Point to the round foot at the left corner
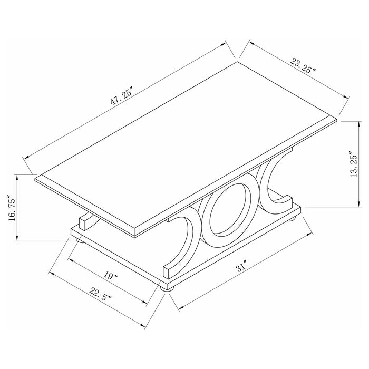pos(79,240)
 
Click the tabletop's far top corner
pos(237,62)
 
